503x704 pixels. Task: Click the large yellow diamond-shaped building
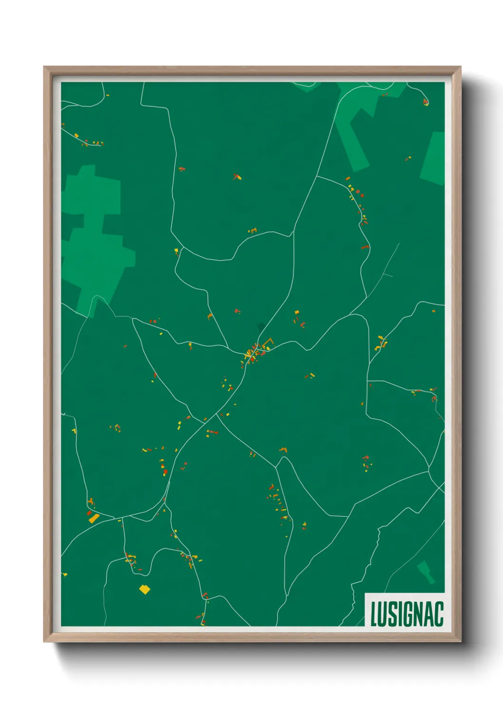tap(145, 590)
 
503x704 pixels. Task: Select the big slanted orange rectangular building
tap(94, 518)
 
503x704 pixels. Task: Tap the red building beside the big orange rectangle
tap(88, 513)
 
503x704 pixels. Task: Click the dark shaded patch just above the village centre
tap(261, 327)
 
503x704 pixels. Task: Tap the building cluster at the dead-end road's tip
tap(426, 101)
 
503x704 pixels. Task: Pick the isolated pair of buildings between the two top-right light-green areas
tap(408, 158)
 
